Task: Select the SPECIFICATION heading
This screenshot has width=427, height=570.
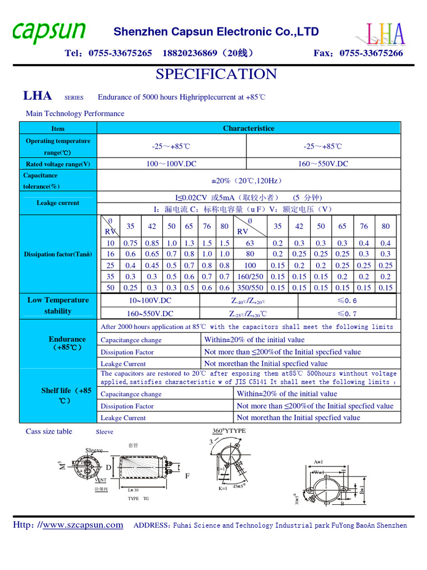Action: [x=216, y=74]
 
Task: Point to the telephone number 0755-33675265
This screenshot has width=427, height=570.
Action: [x=118, y=53]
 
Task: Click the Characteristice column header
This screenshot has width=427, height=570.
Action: [x=249, y=129]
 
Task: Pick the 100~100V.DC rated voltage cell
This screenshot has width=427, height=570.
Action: [x=171, y=164]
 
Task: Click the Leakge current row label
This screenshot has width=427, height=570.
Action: [x=58, y=203]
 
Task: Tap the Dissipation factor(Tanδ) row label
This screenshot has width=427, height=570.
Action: [x=58, y=254]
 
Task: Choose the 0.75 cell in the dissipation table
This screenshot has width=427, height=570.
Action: [x=130, y=243]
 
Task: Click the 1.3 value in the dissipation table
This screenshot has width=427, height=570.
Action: [x=189, y=243]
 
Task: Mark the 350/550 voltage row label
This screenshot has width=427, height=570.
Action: [x=250, y=288]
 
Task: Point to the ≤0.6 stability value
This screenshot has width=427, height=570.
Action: [x=347, y=301]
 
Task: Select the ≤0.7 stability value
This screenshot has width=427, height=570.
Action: [x=347, y=313]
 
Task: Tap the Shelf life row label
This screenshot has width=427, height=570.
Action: [x=66, y=395]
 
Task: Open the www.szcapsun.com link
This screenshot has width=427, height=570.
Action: [x=83, y=525]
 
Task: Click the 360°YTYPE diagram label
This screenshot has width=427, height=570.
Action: [x=229, y=431]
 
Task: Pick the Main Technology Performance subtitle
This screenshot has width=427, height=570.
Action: [x=75, y=114]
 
